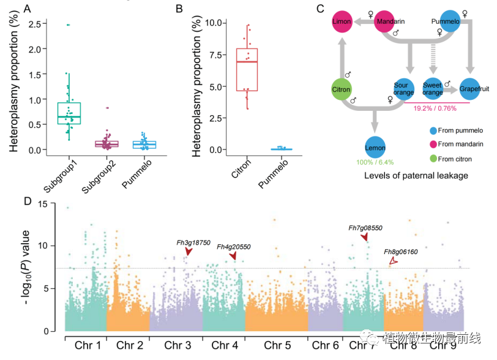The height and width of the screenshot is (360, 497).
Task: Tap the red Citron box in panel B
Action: tap(247, 69)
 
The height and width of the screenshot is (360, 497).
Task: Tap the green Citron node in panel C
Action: tap(341, 89)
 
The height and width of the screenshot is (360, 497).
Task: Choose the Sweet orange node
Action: tap(433, 89)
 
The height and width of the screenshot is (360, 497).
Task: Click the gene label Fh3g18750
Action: tap(193, 242)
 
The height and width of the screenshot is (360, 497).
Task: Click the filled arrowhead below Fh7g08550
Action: tap(365, 237)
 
